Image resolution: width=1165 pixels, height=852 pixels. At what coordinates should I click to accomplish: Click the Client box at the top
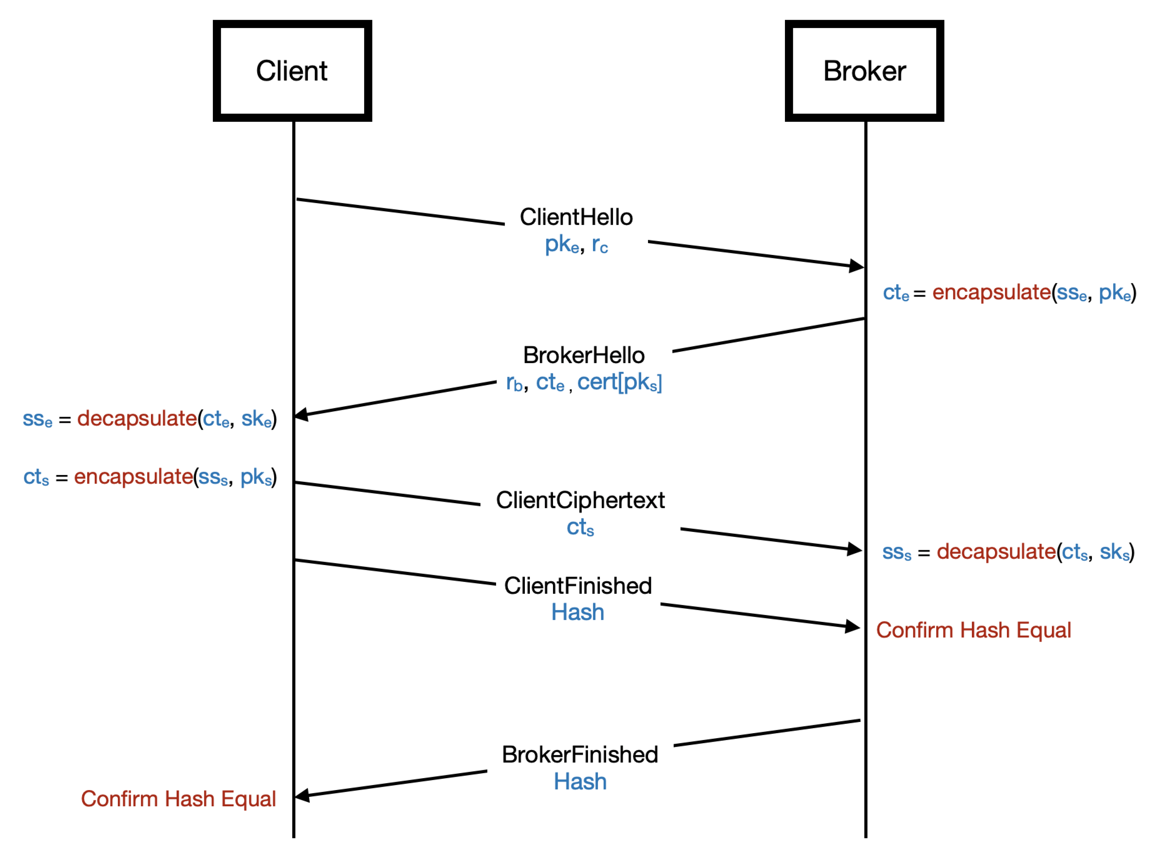(292, 71)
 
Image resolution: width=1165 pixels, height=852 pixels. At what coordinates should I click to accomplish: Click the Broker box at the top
(864, 71)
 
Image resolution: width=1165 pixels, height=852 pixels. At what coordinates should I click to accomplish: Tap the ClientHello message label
(576, 217)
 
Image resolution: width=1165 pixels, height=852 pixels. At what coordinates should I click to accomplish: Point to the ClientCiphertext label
(580, 500)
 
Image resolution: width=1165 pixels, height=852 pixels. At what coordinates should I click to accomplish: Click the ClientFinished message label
(578, 586)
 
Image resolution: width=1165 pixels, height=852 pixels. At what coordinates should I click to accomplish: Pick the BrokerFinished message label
(580, 754)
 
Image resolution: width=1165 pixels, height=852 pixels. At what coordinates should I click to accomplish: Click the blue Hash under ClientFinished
(577, 613)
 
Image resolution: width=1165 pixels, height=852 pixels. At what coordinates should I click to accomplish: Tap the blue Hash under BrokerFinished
(580, 782)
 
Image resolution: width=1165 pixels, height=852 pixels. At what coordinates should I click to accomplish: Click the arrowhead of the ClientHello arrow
(857, 266)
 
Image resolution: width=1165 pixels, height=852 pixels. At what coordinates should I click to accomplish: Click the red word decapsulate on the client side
(137, 419)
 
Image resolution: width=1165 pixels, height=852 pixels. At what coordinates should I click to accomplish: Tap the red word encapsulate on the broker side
(991, 292)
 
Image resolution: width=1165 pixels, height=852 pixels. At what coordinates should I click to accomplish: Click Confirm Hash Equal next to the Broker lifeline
(973, 630)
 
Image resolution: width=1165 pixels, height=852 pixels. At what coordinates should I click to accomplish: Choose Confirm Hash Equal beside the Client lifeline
(178, 799)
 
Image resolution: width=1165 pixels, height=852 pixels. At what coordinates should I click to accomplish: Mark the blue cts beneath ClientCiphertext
(580, 527)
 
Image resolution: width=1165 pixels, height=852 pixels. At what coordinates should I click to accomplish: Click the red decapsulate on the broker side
(996, 552)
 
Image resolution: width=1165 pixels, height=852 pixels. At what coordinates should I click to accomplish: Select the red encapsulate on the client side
(133, 477)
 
